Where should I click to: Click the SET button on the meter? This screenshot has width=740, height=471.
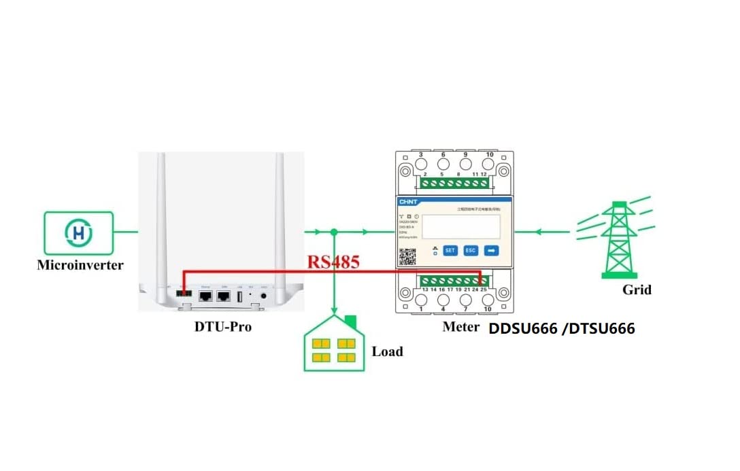[450, 250]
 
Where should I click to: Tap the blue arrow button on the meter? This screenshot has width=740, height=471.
[492, 250]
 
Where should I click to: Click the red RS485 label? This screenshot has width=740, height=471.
[333, 262]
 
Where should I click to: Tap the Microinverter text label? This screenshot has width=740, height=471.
[80, 265]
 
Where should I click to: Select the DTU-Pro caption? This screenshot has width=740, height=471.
[223, 326]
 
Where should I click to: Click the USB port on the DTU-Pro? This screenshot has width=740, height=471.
[240, 296]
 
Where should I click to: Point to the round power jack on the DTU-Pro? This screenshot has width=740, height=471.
[263, 296]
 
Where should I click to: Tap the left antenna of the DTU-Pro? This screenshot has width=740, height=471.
[162, 217]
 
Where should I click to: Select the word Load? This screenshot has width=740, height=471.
[387, 351]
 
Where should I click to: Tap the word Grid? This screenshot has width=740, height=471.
[637, 290]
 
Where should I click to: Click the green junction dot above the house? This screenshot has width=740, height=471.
[333, 232]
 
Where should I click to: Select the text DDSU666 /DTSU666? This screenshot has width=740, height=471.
[562, 329]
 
